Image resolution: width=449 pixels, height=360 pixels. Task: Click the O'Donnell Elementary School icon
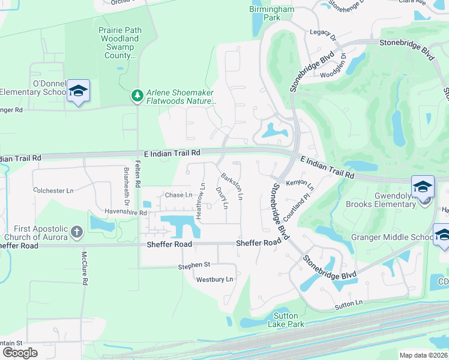pyautogui.click(x=78, y=91)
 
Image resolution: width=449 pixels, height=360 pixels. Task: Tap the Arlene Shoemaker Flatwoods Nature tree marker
pyautogui.click(x=137, y=95)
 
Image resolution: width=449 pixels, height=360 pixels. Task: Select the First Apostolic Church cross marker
pyautogui.click(x=76, y=231)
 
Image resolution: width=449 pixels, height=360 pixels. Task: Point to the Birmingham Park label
pyautogui.click(x=272, y=13)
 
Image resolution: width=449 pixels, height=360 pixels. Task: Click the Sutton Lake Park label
pyautogui.click(x=290, y=320)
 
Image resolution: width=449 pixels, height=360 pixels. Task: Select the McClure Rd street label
pyautogui.click(x=85, y=269)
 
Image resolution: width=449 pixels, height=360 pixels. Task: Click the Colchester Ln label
pyautogui.click(x=53, y=191)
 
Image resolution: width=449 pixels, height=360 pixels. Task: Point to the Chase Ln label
pyautogui.click(x=178, y=195)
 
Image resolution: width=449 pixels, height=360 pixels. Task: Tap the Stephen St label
pyautogui.click(x=194, y=265)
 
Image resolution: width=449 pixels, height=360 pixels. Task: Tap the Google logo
pyautogui.click(x=20, y=353)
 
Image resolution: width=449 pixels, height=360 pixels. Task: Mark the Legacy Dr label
pyautogui.click(x=323, y=35)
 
